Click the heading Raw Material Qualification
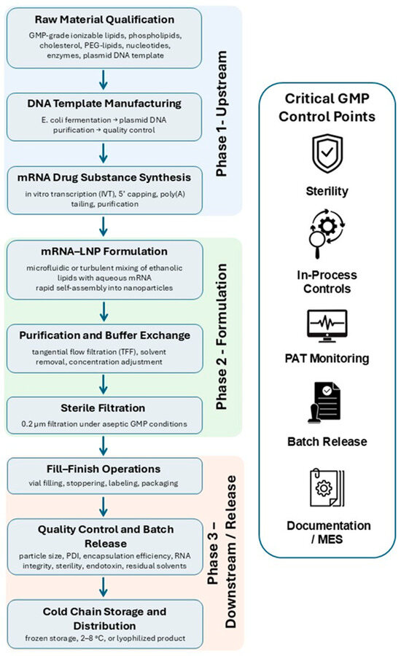click(104, 20)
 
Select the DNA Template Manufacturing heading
click(104, 104)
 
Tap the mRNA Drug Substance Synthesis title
click(104, 177)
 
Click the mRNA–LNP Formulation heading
click(104, 251)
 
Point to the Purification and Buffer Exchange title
click(105, 335)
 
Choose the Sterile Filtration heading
click(103, 408)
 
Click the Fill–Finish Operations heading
click(104, 469)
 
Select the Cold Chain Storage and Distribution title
click(105, 619)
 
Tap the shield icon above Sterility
click(327, 154)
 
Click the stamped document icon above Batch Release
click(324, 403)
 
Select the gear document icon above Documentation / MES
click(327, 488)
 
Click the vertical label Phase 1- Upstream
click(222, 114)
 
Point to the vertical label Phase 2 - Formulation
click(222, 336)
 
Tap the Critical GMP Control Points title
click(327, 108)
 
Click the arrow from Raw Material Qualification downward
click(104, 80)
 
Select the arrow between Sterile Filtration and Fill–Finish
click(104, 446)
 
